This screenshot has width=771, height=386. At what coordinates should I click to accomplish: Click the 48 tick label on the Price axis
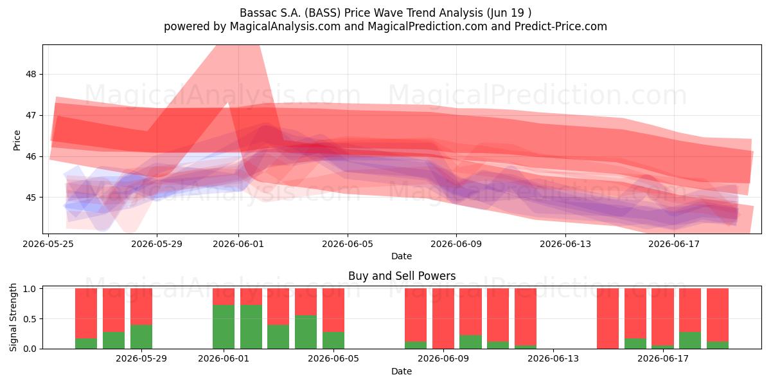tap(31, 75)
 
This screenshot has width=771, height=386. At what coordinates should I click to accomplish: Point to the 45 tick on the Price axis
tap(31, 198)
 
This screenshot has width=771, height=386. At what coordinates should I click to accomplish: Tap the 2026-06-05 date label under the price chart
tap(348, 244)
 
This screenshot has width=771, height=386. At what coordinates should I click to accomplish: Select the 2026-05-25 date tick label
tap(48, 244)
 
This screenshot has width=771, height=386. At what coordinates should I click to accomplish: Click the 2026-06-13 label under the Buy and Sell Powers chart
tap(553, 359)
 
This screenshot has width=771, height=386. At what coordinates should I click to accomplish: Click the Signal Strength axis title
tap(13, 317)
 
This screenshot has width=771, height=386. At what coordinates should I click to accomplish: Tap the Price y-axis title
tap(17, 140)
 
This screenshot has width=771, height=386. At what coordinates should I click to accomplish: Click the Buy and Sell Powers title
tap(402, 276)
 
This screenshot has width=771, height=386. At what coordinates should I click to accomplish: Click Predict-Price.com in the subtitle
tap(561, 26)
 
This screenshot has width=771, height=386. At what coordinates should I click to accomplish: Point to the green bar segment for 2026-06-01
tap(224, 327)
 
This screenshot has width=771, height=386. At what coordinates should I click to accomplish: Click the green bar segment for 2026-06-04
tap(306, 332)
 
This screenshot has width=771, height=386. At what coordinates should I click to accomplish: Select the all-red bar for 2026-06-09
tap(443, 318)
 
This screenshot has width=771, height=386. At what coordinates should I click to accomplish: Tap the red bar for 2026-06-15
tap(608, 318)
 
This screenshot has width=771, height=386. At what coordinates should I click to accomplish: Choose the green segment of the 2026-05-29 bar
tap(141, 336)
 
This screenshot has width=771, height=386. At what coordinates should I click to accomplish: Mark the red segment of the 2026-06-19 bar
tap(718, 315)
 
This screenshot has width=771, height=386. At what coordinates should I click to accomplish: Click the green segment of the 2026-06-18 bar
tap(690, 340)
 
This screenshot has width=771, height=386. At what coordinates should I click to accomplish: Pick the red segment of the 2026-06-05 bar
tap(333, 310)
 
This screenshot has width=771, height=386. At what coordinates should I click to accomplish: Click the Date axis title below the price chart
tap(402, 256)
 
